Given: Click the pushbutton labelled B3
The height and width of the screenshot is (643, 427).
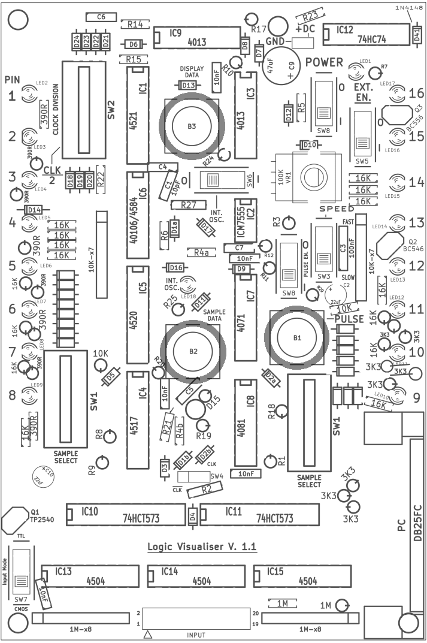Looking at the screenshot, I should tap(191, 126).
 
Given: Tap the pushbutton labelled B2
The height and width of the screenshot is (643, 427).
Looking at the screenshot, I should tap(192, 351).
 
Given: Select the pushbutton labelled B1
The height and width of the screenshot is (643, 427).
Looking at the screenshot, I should tap(296, 338).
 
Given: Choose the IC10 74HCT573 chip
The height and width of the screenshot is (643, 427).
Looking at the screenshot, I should tap(125, 515).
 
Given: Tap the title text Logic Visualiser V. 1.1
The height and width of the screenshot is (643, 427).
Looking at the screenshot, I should tap(202, 547).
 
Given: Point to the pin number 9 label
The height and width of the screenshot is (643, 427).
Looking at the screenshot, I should tap(416, 397).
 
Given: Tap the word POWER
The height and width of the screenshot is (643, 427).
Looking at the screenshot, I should tap(324, 62).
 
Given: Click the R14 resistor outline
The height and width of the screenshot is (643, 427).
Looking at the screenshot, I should tap(135, 24).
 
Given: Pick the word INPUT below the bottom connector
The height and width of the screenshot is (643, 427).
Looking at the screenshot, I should tap(196, 635).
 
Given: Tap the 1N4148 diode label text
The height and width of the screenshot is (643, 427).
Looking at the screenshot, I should tap(408, 7).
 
